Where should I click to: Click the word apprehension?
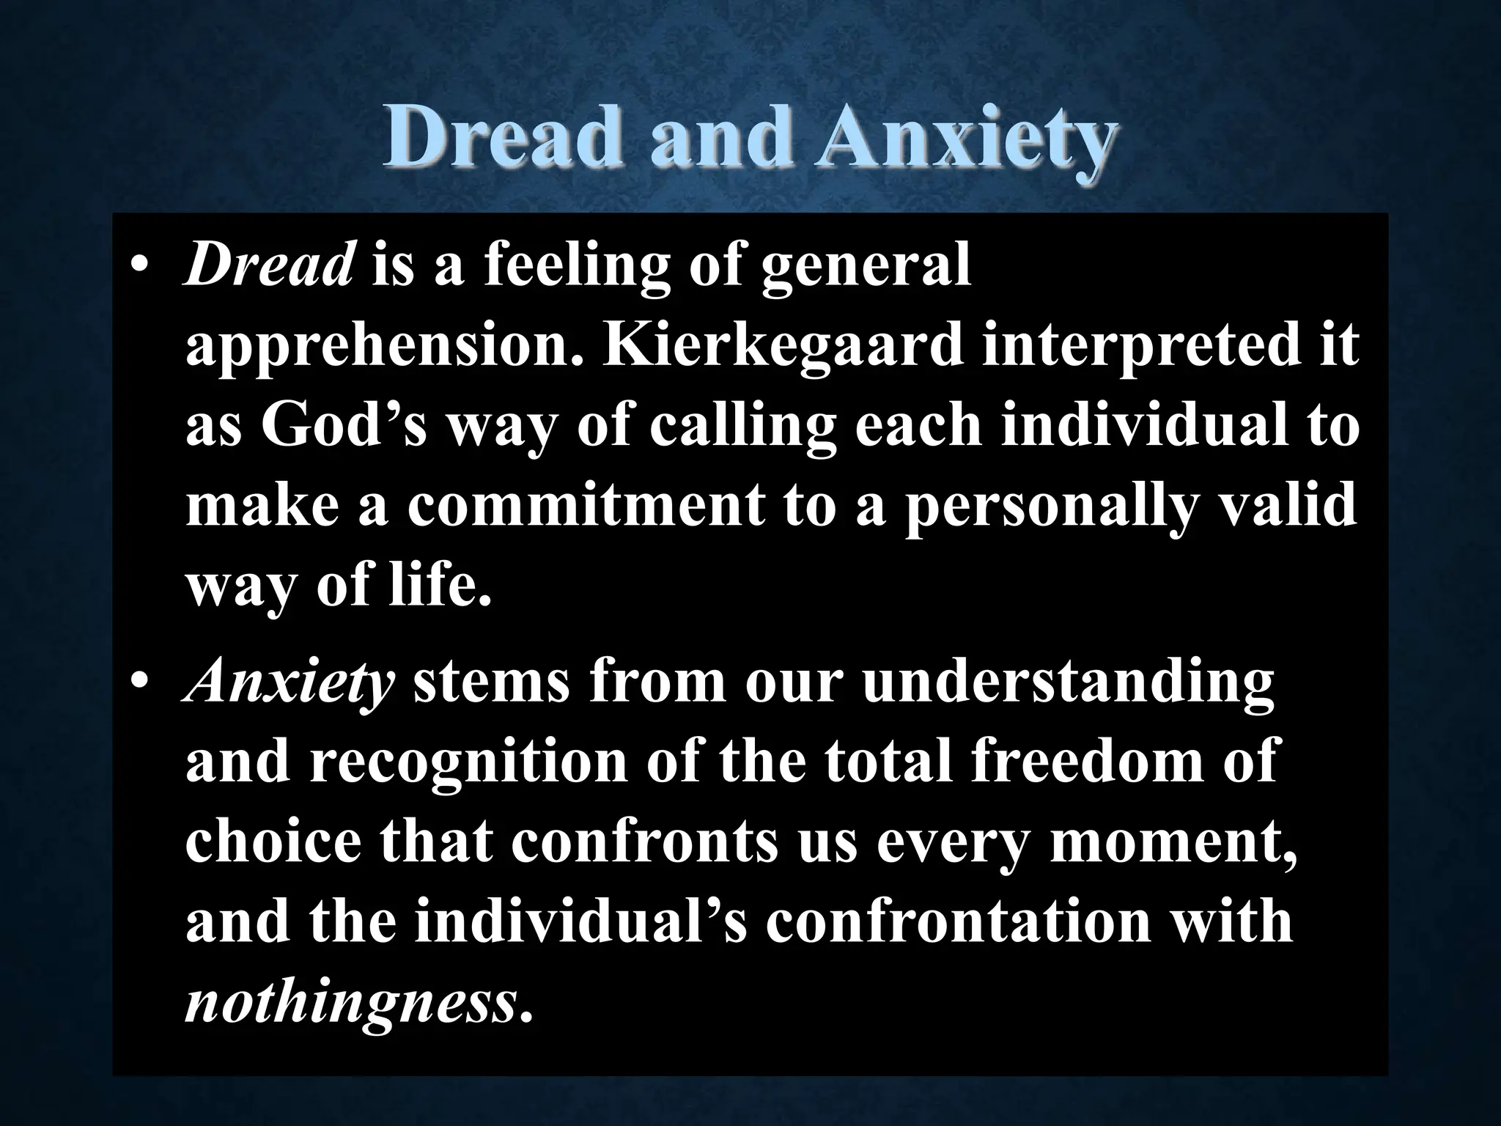[381, 349]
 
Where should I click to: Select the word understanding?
[1066, 685]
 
